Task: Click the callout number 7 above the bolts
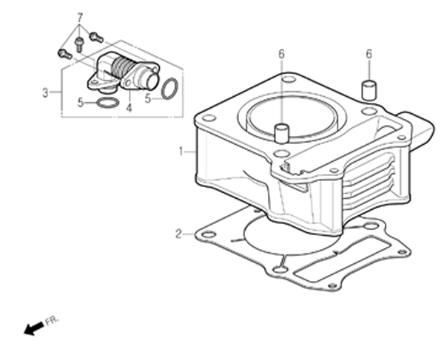(x=80, y=18)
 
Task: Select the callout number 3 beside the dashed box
(x=45, y=92)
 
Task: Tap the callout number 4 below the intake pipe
(x=129, y=108)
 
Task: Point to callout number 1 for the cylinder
(x=181, y=152)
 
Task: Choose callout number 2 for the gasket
(x=178, y=234)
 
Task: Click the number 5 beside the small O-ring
(x=81, y=103)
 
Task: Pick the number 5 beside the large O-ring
(x=148, y=99)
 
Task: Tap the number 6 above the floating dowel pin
(x=369, y=54)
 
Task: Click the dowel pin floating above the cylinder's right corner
(x=369, y=90)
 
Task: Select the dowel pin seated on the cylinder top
(x=281, y=133)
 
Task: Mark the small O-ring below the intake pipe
(x=107, y=103)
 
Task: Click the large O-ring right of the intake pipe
(x=169, y=89)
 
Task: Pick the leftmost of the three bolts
(x=65, y=54)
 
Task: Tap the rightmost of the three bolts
(x=96, y=37)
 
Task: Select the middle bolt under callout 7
(x=79, y=44)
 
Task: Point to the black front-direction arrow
(x=34, y=329)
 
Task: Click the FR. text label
(x=52, y=321)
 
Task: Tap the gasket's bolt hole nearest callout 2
(x=209, y=235)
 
